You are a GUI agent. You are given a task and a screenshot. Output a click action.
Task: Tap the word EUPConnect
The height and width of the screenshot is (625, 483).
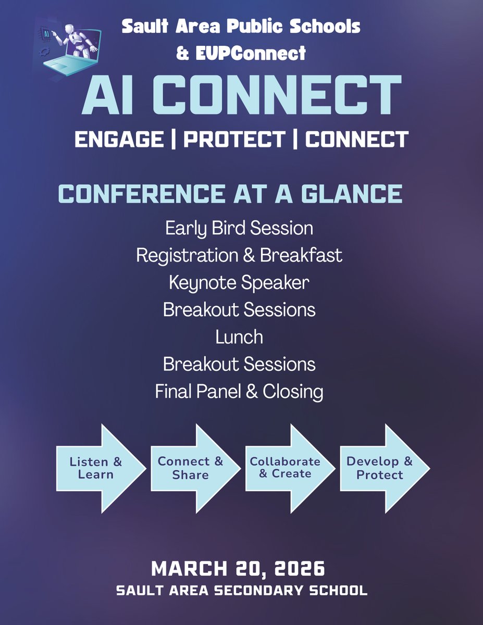pos(249,53)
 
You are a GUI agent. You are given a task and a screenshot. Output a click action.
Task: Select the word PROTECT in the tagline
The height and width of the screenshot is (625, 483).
pos(235,140)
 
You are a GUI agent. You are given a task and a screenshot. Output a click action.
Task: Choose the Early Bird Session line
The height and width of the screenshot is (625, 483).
pos(239,228)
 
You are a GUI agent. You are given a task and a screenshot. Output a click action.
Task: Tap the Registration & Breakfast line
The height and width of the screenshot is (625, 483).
pos(239,256)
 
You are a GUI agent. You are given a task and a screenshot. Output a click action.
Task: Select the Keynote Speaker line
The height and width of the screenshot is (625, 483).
pos(239,283)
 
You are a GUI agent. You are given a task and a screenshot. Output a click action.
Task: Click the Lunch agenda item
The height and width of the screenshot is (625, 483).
pos(239,337)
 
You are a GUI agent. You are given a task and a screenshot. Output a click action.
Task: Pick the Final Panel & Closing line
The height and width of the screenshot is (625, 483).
pos(239,392)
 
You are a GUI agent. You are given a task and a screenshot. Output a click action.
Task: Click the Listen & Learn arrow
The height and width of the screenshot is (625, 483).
pos(99,468)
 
